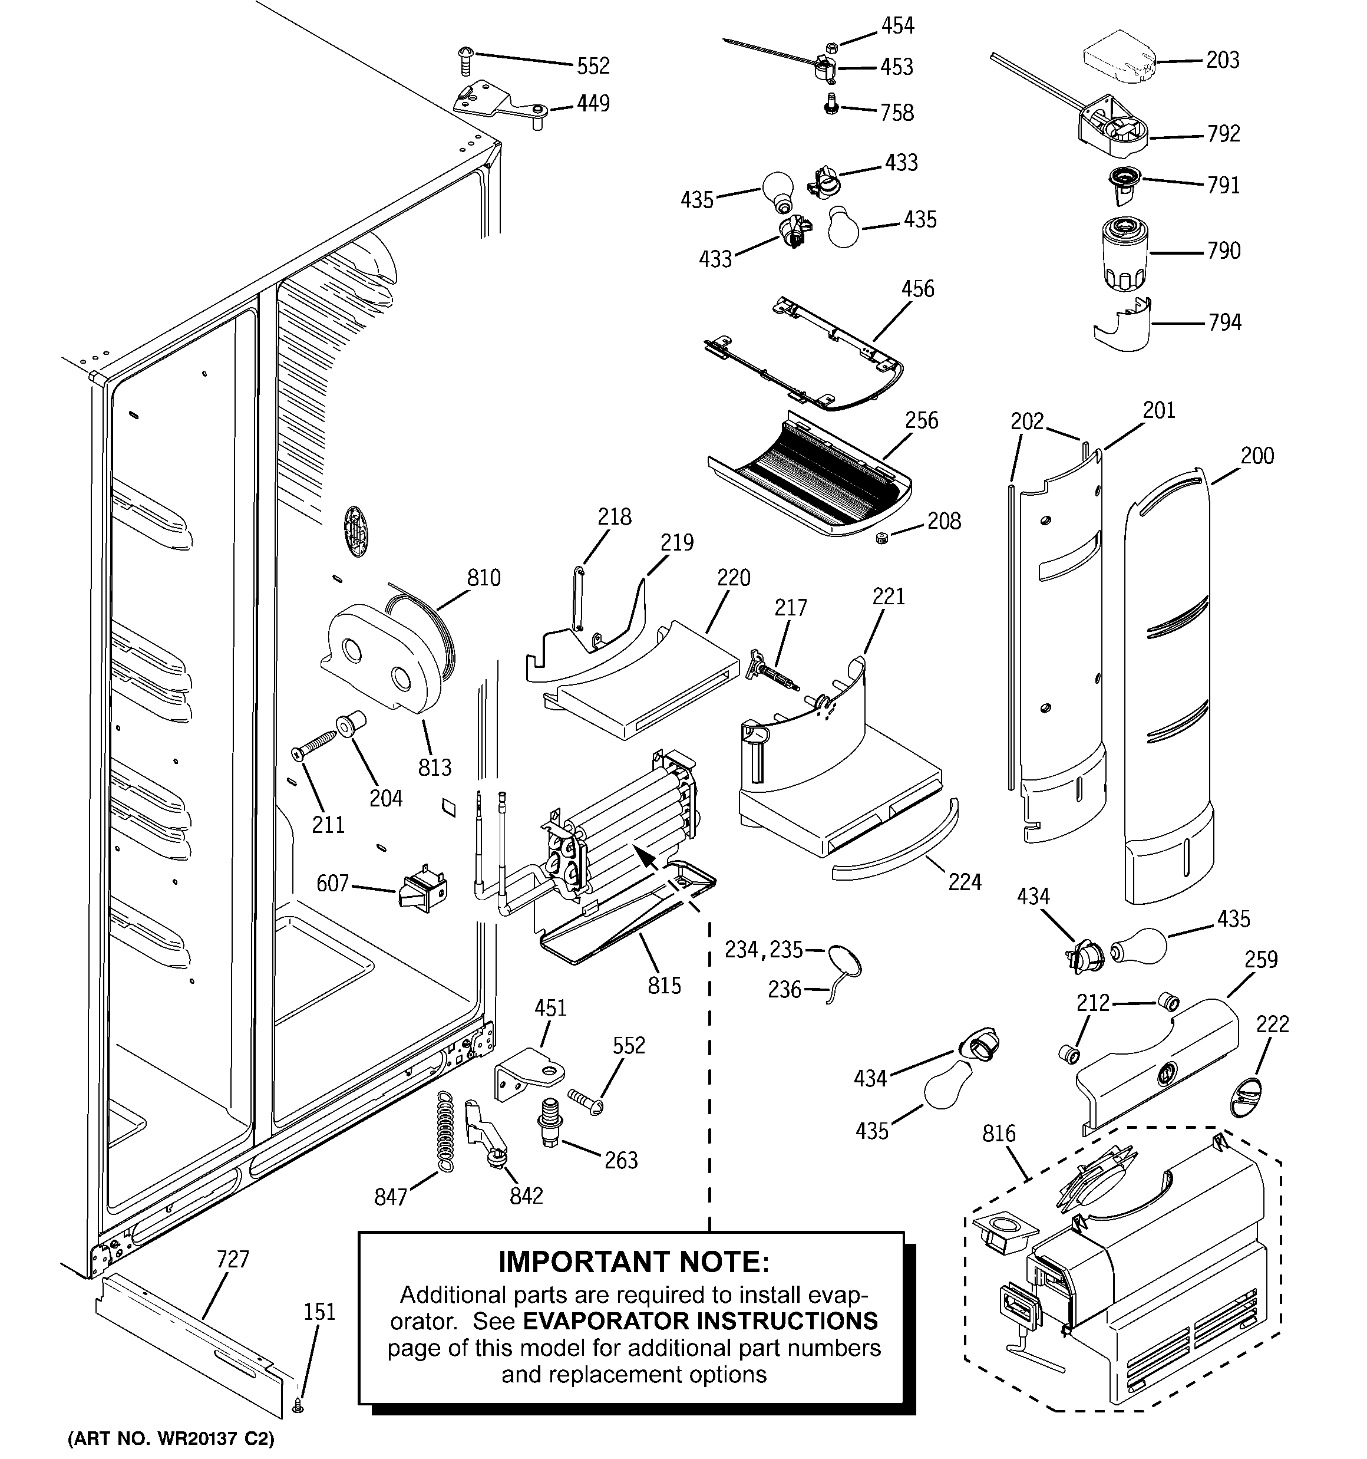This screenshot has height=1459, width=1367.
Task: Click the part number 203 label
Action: click(1223, 60)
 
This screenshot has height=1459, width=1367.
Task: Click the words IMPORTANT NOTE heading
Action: click(634, 1262)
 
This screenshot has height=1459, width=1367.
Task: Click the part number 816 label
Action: click(999, 1134)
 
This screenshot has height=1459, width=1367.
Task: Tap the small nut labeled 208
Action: click(882, 539)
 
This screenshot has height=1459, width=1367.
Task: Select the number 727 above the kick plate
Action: click(233, 1259)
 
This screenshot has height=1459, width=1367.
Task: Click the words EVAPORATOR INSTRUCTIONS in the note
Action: click(700, 1321)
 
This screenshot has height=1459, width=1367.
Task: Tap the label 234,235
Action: click(764, 950)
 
